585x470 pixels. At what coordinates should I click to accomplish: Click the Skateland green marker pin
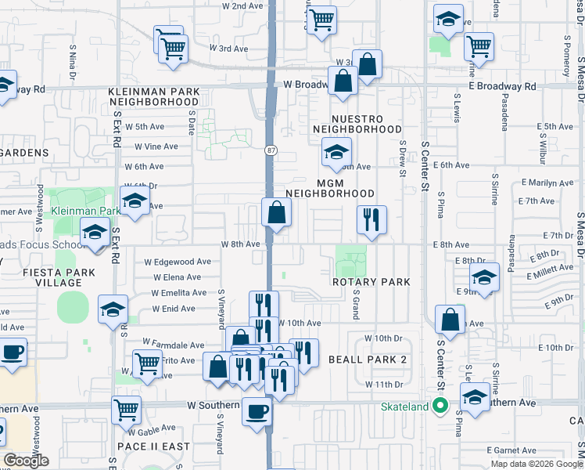[x=440, y=406]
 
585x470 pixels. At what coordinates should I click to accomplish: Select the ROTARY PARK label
[x=361, y=281]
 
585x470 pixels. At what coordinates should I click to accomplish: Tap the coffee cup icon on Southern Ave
[x=257, y=411]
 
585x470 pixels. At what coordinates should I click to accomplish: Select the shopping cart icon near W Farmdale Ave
[x=147, y=363]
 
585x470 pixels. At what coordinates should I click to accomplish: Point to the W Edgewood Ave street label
[x=178, y=262]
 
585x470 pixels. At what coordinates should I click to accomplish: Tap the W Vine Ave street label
[x=156, y=146]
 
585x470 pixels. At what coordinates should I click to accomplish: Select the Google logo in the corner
[x=26, y=461]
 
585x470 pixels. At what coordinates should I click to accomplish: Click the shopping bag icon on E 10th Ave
[x=450, y=319]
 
